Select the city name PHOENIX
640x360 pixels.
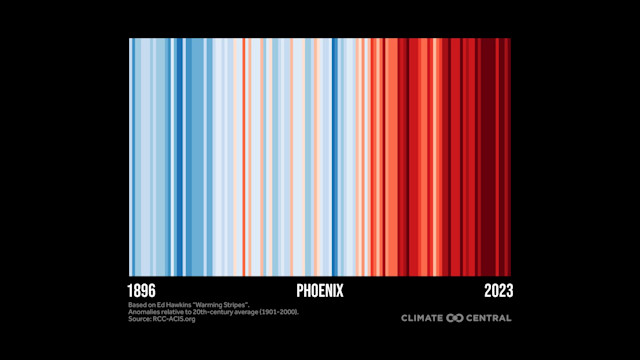[320, 290]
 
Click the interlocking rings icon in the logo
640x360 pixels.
[454, 318]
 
